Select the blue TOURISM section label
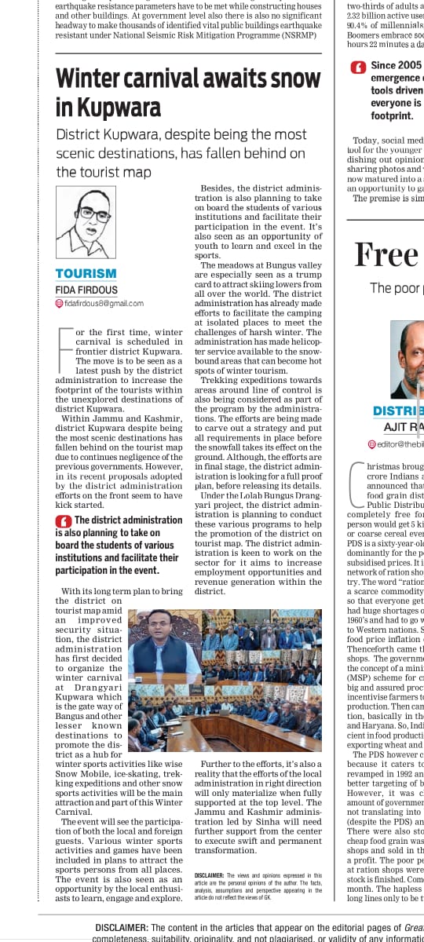tap(86, 274)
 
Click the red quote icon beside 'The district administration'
tap(63, 520)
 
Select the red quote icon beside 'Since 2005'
tap(358, 67)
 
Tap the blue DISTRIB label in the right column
tap(398, 411)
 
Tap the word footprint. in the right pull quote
tap(392, 115)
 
